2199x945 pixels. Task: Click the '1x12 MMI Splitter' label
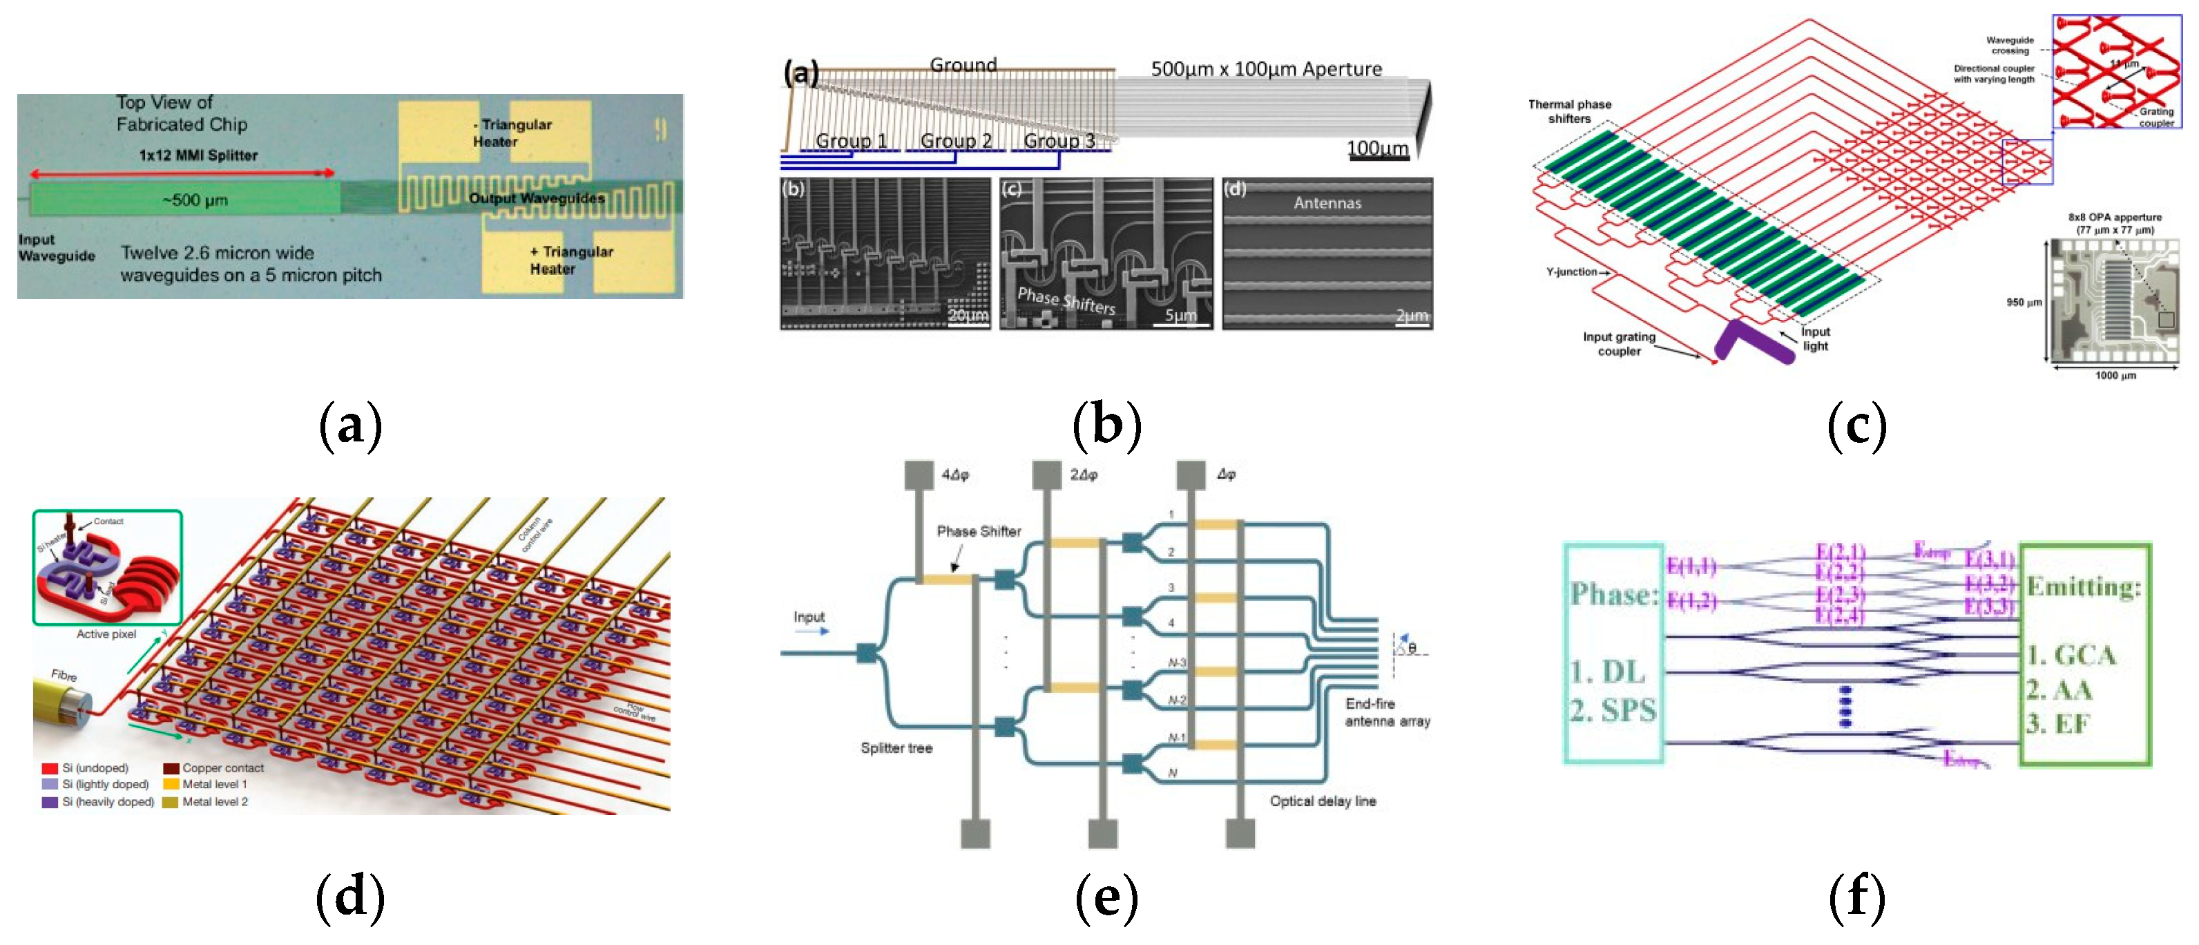click(x=198, y=155)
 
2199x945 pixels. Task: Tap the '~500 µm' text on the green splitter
click(x=195, y=200)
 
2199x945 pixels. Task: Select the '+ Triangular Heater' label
click(x=570, y=260)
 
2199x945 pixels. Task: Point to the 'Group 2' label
click(x=955, y=141)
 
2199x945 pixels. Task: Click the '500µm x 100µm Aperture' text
click(x=1266, y=69)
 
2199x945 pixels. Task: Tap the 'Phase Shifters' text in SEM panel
click(x=1066, y=300)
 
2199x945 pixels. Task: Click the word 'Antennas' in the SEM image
click(x=1327, y=203)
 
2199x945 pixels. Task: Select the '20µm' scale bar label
click(x=968, y=315)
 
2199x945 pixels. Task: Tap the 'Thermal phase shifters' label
click(x=1569, y=111)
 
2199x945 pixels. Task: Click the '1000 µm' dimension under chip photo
click(x=2115, y=375)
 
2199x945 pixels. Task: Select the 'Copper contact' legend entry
click(x=222, y=767)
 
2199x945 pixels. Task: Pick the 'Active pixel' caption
click(x=106, y=634)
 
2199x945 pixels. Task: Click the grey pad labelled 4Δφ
click(x=919, y=475)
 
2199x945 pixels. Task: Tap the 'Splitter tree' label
click(x=896, y=748)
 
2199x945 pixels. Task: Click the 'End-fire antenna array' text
click(x=1386, y=712)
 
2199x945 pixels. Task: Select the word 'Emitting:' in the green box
click(x=2083, y=587)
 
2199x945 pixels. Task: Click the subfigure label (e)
click(x=1106, y=897)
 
